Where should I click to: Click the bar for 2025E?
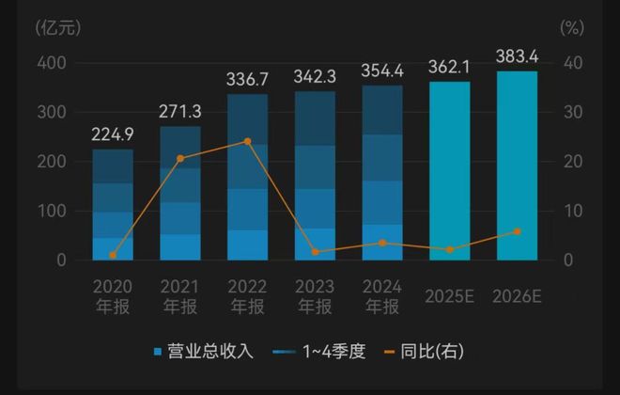449,170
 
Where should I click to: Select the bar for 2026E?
517,166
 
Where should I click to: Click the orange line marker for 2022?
247,141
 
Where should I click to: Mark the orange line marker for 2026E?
517,231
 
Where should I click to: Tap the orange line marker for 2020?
113,255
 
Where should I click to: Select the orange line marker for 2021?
180,158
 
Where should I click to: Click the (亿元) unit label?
58,26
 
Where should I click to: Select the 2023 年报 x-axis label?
315,296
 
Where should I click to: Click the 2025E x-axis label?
449,295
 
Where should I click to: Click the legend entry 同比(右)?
424,352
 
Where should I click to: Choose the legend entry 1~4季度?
315,352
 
